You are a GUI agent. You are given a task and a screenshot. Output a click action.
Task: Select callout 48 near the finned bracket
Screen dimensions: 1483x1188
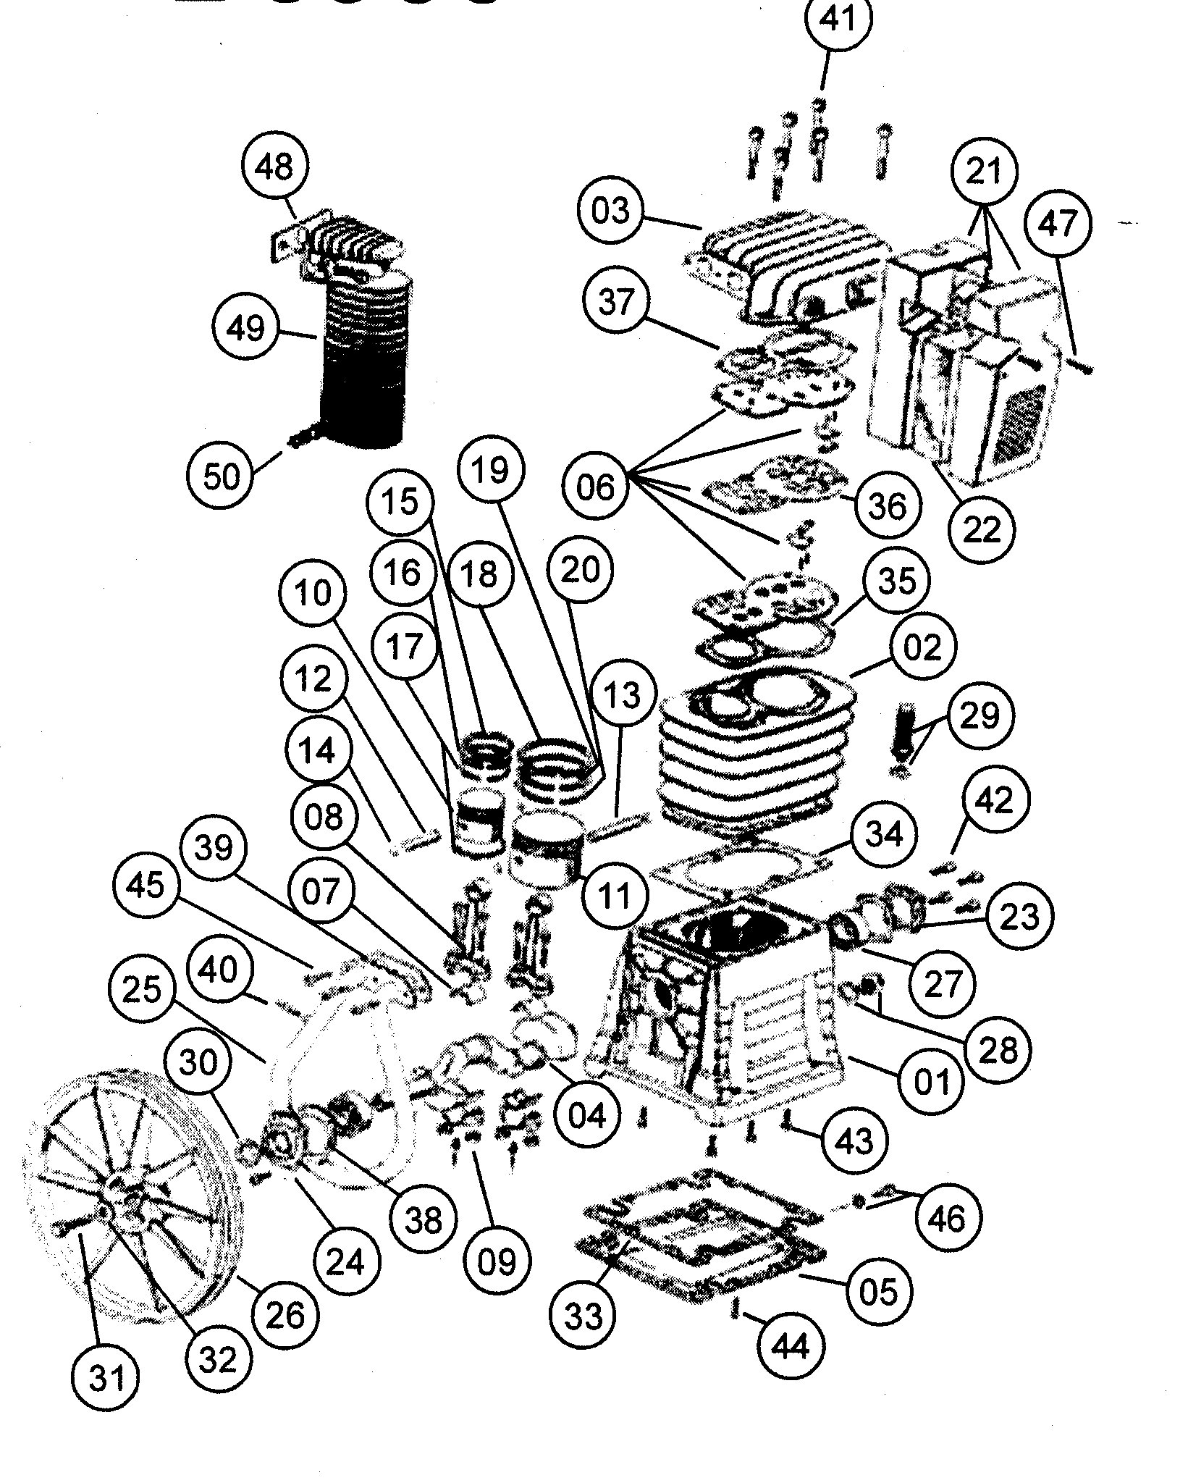275,167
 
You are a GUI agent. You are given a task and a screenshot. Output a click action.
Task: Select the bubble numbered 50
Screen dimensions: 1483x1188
222,476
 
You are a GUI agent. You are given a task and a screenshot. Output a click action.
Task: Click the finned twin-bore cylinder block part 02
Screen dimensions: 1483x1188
753,753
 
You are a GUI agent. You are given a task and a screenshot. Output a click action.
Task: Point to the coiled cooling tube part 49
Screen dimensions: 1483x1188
362,362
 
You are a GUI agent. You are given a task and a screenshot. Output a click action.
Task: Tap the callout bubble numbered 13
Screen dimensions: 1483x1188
623,695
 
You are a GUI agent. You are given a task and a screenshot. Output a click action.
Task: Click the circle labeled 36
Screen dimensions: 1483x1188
888,505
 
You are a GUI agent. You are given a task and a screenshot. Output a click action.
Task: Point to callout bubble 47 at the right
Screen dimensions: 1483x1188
1059,222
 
